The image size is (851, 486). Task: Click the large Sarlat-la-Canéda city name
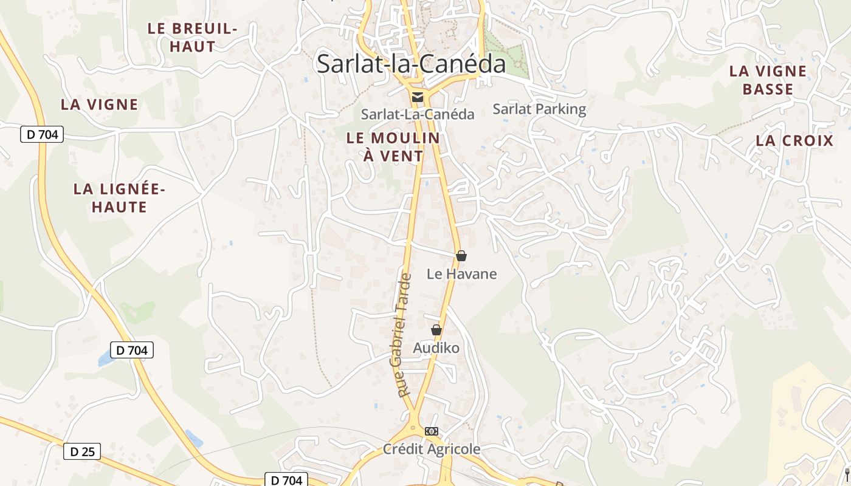coord(411,64)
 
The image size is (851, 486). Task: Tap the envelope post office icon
coord(417,97)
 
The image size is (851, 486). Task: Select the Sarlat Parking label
coord(539,109)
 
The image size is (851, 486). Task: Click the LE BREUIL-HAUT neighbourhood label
coord(192,37)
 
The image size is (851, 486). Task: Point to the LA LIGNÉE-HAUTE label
coord(119,198)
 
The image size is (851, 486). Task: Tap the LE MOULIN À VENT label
coord(393,147)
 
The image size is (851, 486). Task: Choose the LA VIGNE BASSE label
coord(768,80)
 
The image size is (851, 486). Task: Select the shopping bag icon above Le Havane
coord(461,256)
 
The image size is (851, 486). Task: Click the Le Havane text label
coord(461,274)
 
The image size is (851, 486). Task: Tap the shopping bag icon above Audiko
coord(436,330)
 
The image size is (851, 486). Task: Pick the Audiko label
coord(436,348)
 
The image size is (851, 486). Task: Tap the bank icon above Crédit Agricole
coord(432,431)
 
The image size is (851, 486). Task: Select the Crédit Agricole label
coord(432,450)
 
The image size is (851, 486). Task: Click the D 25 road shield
coord(82,451)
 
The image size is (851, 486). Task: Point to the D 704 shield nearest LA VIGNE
coord(42,134)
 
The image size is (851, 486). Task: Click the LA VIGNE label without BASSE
coord(99,104)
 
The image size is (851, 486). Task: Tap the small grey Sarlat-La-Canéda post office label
coord(418,114)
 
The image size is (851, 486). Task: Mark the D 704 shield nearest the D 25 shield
coord(132,350)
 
